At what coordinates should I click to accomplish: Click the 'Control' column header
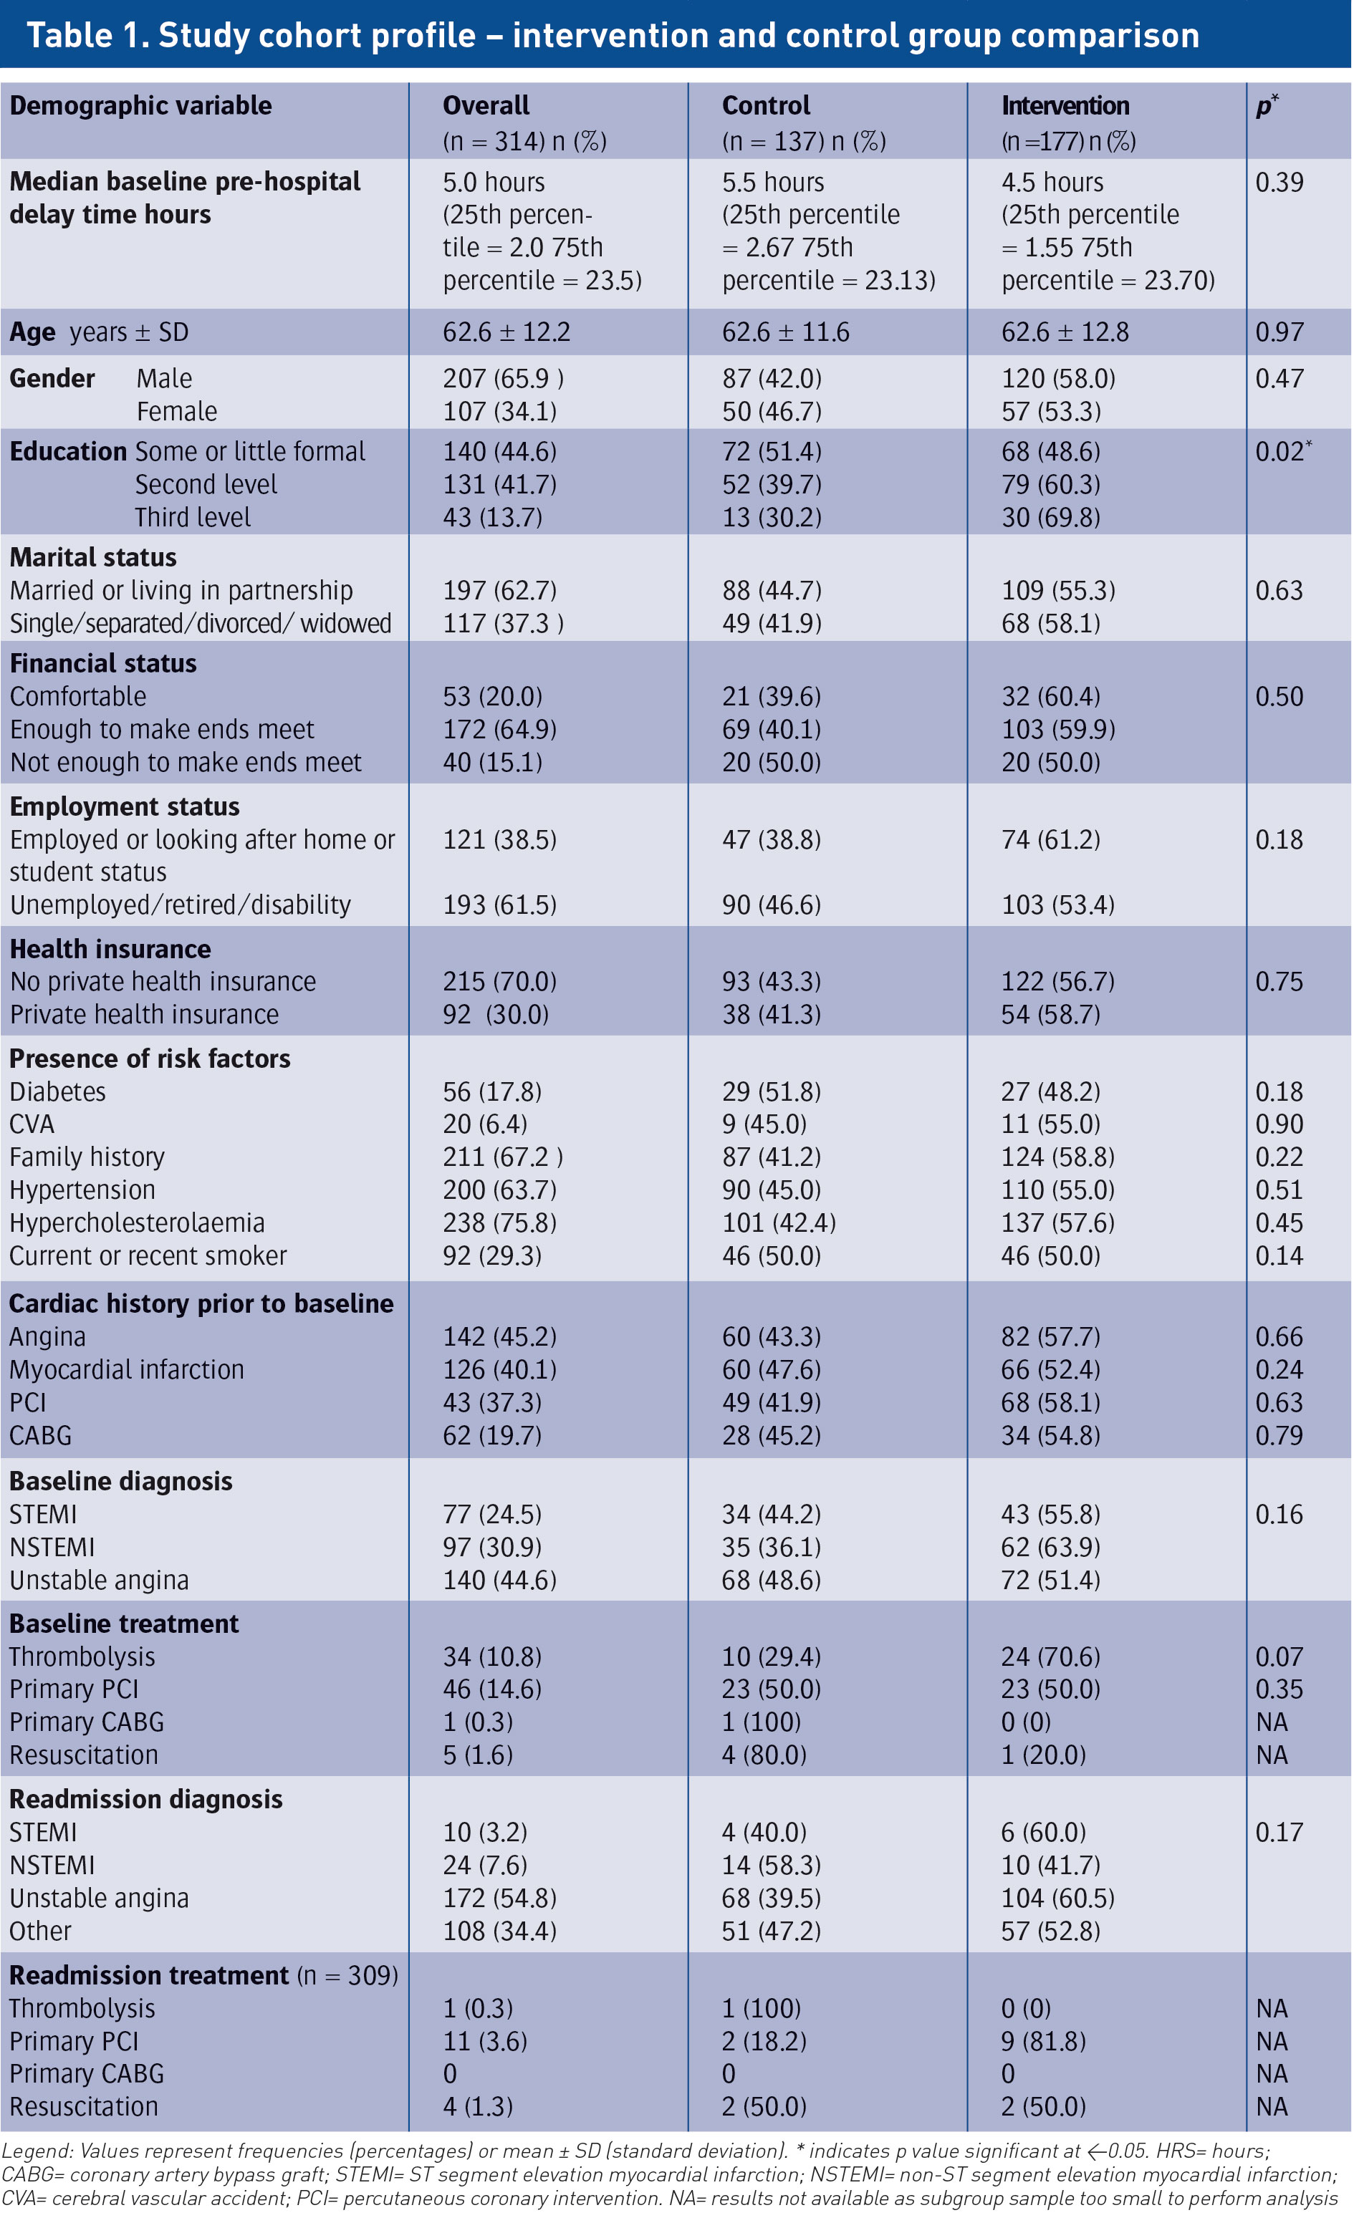point(766,106)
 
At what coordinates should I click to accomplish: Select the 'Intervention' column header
point(1065,106)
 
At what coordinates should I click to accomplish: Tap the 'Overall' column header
point(486,106)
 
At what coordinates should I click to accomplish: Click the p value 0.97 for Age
point(1279,332)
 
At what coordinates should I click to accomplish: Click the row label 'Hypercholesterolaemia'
point(137,1223)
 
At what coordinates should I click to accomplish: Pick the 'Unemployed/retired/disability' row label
point(181,905)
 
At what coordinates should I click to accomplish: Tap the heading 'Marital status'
point(93,557)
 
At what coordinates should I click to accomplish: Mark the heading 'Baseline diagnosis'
point(120,1482)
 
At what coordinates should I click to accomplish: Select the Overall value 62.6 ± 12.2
point(506,332)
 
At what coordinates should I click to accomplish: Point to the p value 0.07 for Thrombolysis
point(1279,1656)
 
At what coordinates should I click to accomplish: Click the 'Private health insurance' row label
point(144,1015)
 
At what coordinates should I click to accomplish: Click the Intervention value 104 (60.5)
point(1057,1898)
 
